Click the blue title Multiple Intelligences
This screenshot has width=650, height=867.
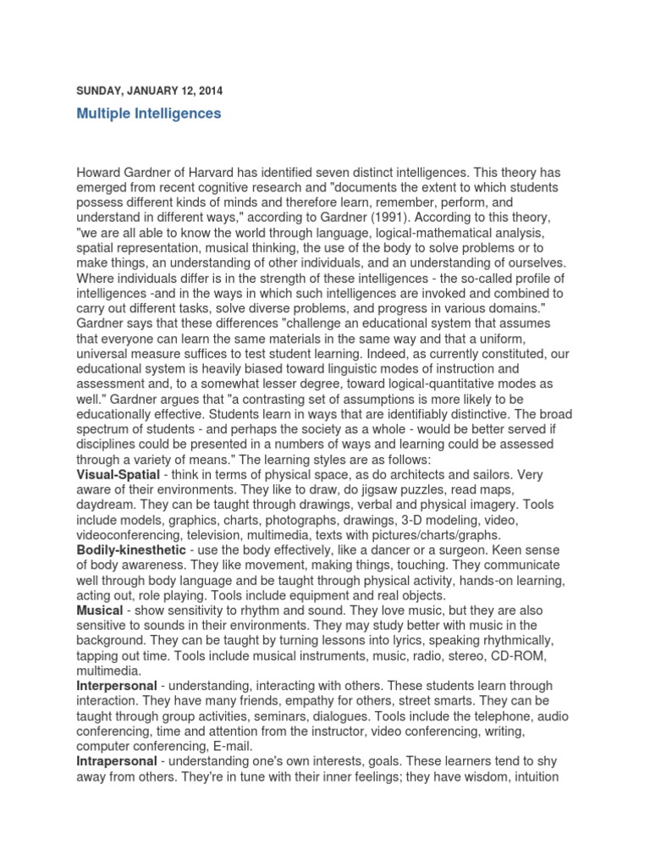pos(148,113)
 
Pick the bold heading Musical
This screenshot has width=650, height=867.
pos(100,610)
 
